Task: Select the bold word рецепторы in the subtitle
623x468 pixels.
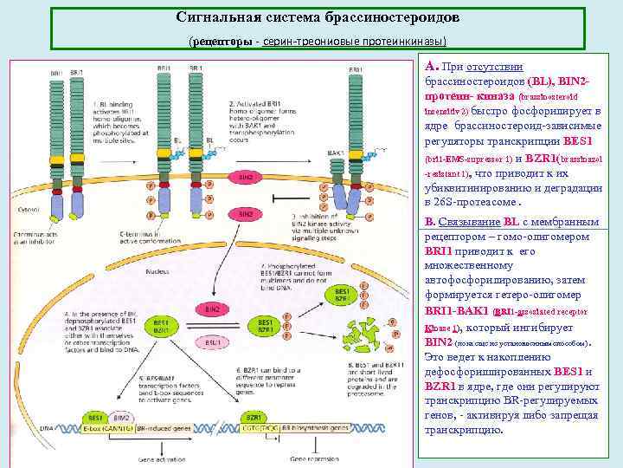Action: tap(221, 42)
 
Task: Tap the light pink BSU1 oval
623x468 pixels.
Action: tap(210, 342)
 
